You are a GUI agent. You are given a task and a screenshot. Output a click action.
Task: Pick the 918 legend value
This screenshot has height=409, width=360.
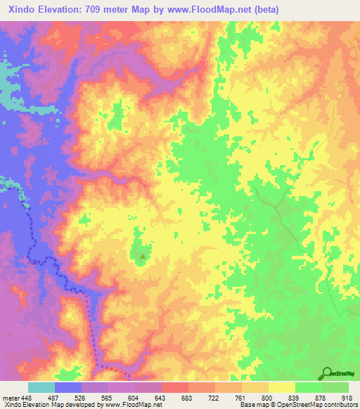pos(347,398)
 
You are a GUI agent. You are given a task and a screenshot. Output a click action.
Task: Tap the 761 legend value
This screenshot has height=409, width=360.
pos(241,398)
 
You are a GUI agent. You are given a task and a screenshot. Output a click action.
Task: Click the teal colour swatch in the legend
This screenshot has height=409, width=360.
pos(41,387)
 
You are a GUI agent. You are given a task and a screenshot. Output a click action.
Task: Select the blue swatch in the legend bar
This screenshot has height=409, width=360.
pos(68,387)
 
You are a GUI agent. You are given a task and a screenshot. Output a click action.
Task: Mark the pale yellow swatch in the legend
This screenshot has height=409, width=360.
pos(282,387)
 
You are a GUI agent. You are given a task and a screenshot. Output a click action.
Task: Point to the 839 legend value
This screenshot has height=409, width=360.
pos(295,398)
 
